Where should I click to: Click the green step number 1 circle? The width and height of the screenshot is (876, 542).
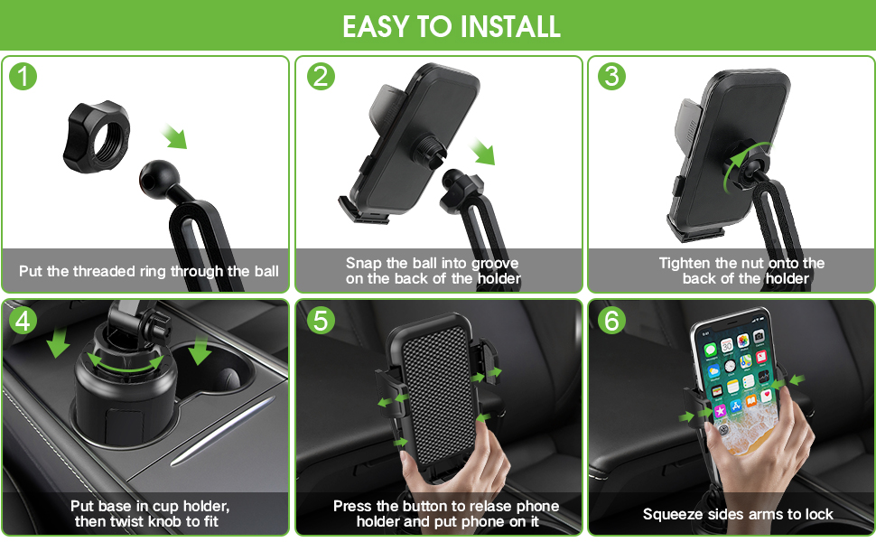[x=23, y=77]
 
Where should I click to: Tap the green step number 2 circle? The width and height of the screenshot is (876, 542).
[x=321, y=77]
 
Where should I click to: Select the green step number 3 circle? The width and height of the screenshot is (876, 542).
[x=612, y=77]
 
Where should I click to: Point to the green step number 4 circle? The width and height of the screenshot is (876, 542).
[x=23, y=320]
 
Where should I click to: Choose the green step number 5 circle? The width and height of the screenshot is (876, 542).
[x=321, y=320]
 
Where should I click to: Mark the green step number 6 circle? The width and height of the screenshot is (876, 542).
[x=612, y=320]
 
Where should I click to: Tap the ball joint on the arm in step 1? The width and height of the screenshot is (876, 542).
[x=158, y=179]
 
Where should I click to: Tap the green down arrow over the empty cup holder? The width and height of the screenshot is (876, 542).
[x=199, y=349]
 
